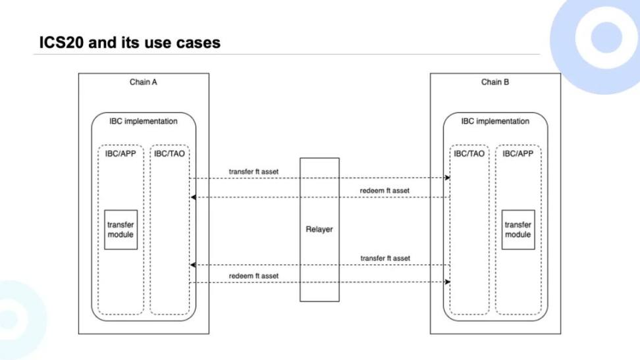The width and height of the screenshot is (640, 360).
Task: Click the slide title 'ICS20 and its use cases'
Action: tap(129, 43)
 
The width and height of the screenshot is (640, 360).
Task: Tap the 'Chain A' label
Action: tap(144, 82)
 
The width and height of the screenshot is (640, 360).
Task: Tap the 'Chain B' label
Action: tap(495, 82)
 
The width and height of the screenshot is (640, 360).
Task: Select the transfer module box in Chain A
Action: tap(120, 230)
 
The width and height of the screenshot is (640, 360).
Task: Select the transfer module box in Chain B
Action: tap(518, 230)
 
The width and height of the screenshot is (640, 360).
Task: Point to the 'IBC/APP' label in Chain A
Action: tap(120, 153)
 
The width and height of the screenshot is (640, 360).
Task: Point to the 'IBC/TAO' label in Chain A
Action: tap(169, 153)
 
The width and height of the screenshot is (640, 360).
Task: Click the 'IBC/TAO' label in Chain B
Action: tap(469, 153)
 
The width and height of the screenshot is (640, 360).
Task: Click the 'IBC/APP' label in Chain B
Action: tap(518, 153)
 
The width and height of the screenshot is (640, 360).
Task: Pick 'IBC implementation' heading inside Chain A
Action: tap(144, 121)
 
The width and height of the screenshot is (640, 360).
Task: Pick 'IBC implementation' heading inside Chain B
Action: tap(495, 121)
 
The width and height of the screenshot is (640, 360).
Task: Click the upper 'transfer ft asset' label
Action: tap(253, 172)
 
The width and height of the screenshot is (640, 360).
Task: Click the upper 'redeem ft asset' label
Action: tap(385, 191)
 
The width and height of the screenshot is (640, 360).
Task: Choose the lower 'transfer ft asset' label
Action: tap(385, 258)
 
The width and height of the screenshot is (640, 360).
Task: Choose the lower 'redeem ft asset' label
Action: tap(253, 275)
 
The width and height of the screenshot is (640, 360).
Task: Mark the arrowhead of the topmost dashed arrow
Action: tap(448, 178)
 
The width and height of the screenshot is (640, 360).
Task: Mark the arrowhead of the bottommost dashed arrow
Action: tap(448, 282)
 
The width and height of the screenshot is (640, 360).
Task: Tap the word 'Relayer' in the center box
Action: tap(319, 230)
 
